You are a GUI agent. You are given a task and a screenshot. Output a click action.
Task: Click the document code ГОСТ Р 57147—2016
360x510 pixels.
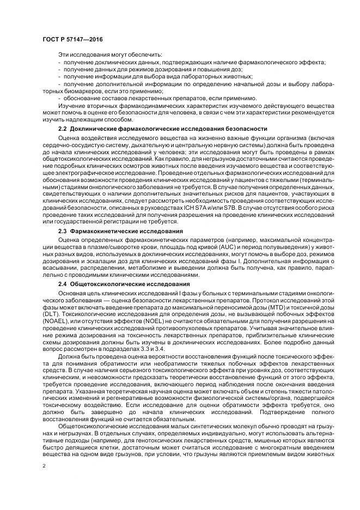72,39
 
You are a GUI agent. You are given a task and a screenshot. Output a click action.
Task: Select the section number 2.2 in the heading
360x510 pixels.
62,129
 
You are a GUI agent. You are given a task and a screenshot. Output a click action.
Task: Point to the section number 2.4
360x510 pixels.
62,284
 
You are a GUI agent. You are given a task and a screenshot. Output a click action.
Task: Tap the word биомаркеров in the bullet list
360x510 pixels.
78,91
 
